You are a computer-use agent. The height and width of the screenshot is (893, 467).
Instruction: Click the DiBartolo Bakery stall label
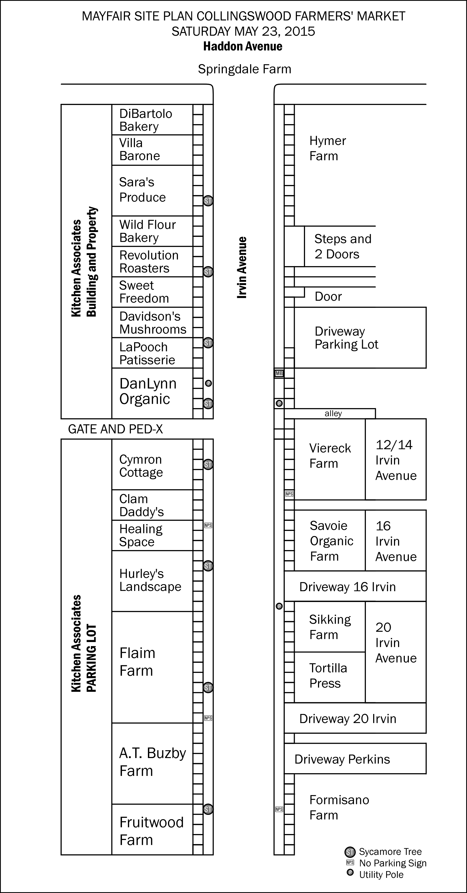tap(145, 120)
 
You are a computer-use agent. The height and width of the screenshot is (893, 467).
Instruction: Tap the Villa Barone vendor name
tap(139, 149)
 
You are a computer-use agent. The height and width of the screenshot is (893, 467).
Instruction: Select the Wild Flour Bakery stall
tap(147, 231)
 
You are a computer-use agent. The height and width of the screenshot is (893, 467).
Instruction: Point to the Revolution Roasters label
tap(149, 262)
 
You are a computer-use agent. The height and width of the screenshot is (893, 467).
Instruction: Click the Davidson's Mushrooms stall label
tap(153, 323)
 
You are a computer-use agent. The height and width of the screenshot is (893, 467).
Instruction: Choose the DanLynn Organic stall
tap(148, 391)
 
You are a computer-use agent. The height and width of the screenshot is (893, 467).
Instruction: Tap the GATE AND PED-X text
tap(115, 429)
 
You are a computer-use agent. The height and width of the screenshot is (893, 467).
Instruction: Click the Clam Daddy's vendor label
tap(141, 505)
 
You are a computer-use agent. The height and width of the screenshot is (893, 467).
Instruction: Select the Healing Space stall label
tap(141, 535)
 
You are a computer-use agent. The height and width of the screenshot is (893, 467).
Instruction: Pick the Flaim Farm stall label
tap(137, 662)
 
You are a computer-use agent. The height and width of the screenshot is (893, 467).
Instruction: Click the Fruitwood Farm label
tap(151, 831)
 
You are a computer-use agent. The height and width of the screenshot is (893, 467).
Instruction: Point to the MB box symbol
tap(279, 373)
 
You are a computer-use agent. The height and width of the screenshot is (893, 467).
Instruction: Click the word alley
tap(333, 414)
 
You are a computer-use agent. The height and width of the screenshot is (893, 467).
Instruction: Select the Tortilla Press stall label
tap(328, 676)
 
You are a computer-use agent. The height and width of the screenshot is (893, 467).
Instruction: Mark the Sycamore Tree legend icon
tap(350, 852)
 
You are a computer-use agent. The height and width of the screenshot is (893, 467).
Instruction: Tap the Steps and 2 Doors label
tap(343, 246)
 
